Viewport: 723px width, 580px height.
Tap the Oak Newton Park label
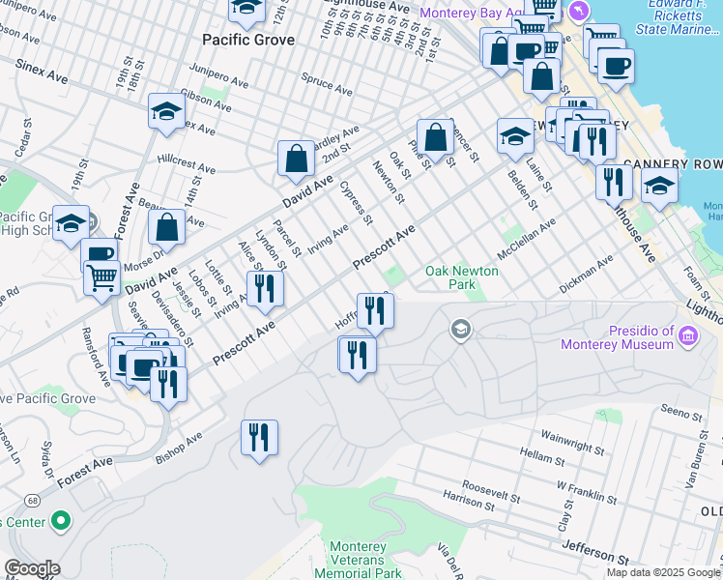point(462,278)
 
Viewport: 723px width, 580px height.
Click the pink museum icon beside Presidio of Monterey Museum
point(687,335)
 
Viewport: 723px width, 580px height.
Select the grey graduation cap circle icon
point(460,331)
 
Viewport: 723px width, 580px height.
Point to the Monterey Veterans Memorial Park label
point(357,561)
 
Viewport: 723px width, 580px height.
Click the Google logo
point(32,568)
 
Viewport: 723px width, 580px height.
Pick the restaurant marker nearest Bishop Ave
point(259,438)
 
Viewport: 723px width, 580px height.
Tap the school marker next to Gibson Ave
point(166,113)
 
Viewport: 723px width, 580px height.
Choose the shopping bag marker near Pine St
point(436,137)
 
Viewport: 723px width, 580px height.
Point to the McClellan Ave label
point(526,238)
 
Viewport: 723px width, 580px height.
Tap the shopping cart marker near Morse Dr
point(101,278)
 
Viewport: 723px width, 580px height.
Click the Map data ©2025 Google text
point(662,572)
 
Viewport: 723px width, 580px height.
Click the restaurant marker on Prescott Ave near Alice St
point(264,289)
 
